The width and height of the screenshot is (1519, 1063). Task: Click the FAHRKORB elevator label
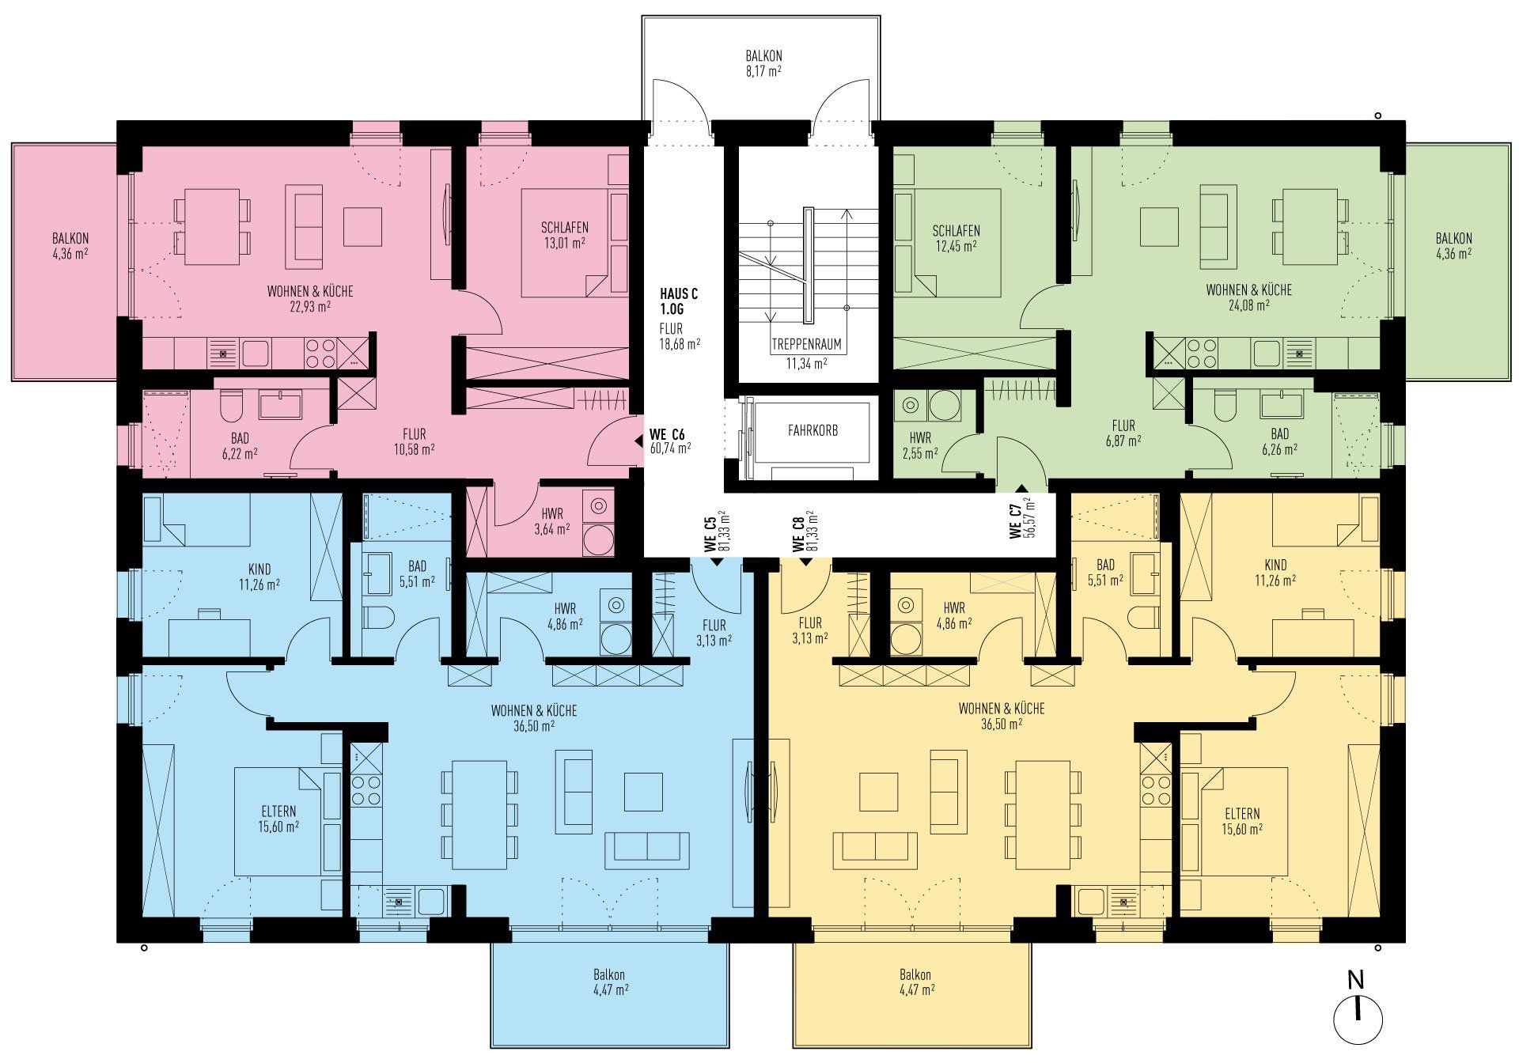(813, 431)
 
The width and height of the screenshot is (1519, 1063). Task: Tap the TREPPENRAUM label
(806, 345)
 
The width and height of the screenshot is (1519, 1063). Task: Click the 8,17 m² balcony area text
(763, 71)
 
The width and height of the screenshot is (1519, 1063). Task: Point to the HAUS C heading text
(679, 293)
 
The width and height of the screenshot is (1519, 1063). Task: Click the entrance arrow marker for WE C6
(638, 442)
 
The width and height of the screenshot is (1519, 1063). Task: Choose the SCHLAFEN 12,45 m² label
(956, 238)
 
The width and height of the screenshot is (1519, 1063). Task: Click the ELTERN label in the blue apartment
(278, 811)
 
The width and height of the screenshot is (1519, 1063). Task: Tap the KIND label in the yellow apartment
(1275, 565)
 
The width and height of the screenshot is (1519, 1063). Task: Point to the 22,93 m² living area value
(310, 307)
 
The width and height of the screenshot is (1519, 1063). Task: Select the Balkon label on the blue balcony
(610, 974)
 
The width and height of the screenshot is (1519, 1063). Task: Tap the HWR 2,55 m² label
(919, 445)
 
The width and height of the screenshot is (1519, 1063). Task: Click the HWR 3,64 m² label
(552, 520)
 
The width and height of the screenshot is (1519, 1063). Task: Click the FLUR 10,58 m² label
(414, 441)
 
